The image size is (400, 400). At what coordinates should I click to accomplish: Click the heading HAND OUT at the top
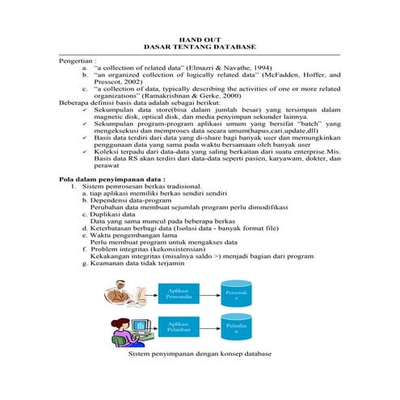200,38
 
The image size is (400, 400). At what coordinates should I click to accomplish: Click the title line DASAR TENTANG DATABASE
200,46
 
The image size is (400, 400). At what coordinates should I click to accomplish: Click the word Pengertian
77,61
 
